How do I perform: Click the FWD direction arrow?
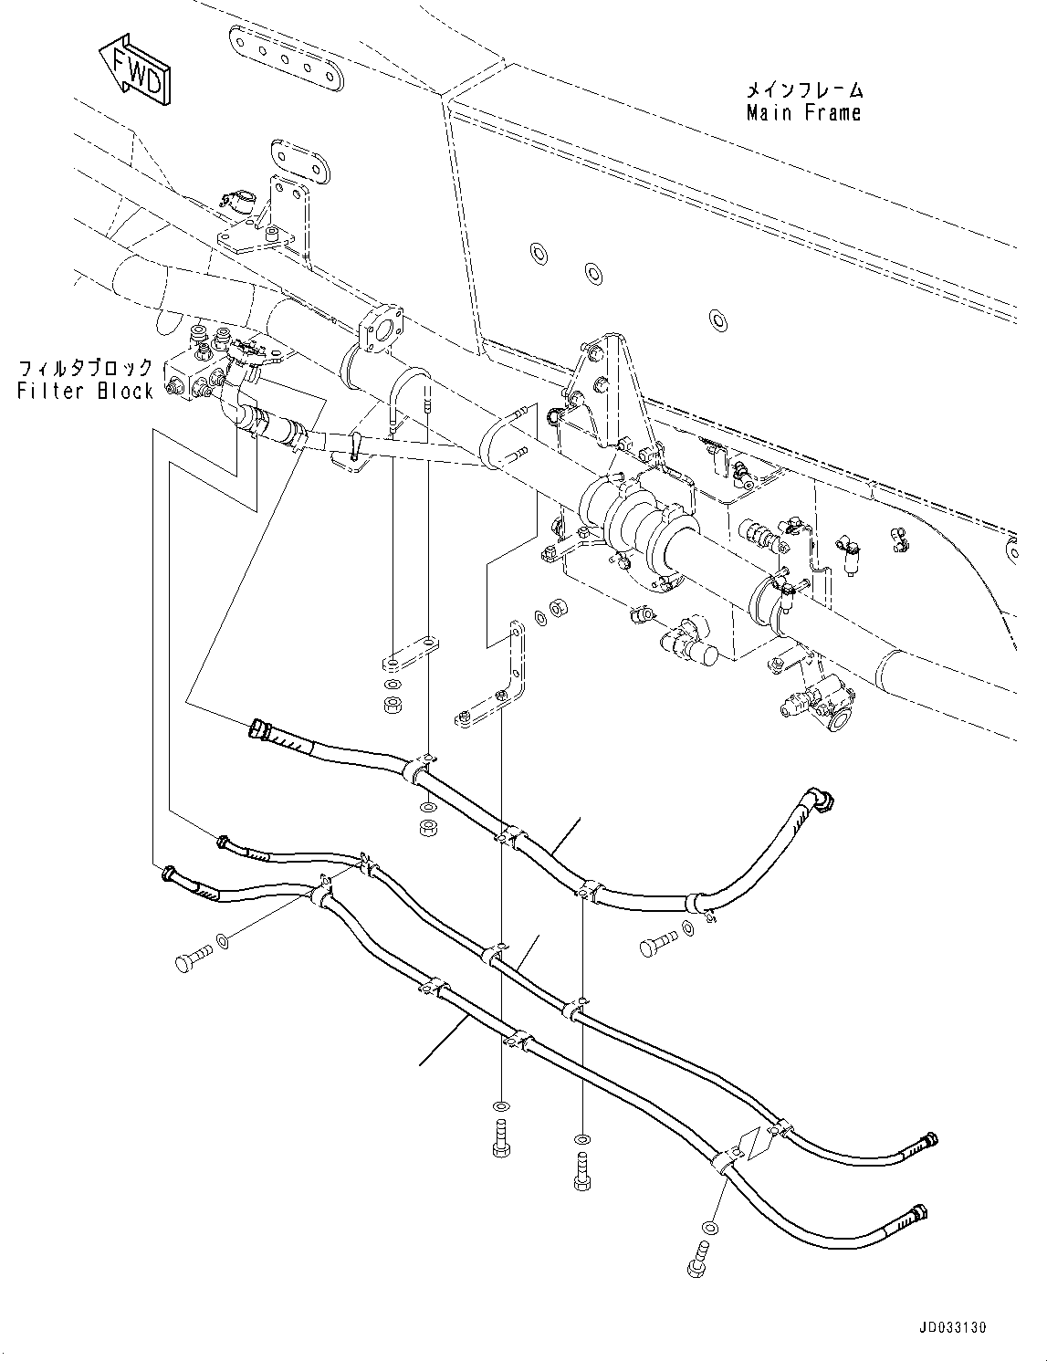pos(133,68)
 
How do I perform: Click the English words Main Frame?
pos(803,113)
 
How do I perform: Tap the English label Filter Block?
pos(86,391)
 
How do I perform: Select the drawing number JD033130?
pos(948,1327)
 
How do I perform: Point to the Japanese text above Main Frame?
pos(804,89)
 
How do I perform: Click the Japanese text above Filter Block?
pos(87,368)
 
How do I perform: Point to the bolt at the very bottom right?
pos(696,1259)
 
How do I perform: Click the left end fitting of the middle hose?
pos(225,843)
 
